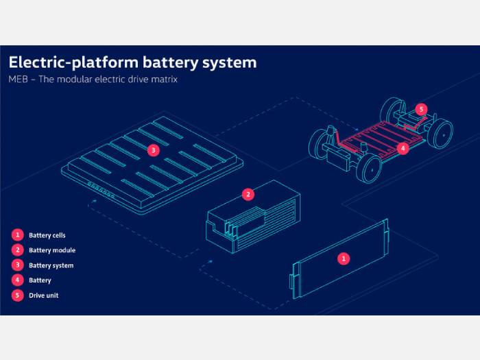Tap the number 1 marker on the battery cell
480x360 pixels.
(x=344, y=259)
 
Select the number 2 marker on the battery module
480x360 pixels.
(x=248, y=194)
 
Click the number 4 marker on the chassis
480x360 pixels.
(x=404, y=147)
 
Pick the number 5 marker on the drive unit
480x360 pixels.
(x=421, y=109)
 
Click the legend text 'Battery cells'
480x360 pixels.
(x=47, y=235)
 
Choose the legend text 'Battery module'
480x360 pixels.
(x=52, y=250)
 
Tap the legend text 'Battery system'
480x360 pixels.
(x=51, y=265)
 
